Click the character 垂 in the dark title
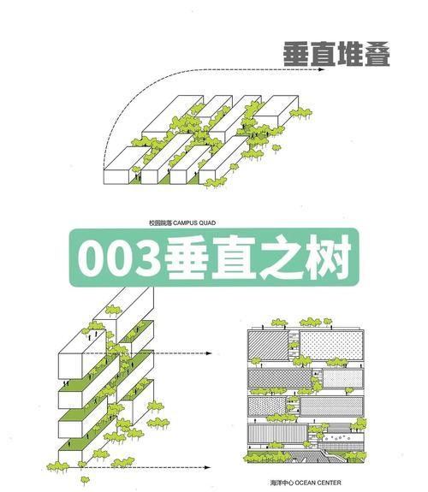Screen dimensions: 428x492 (297, 54)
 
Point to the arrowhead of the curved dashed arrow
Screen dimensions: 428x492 (320, 69)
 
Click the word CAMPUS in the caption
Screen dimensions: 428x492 (186, 223)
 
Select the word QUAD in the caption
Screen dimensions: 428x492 (207, 223)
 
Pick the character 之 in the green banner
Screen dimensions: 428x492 (281, 258)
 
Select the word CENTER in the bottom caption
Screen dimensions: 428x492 (329, 483)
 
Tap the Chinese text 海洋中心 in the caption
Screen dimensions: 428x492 (282, 483)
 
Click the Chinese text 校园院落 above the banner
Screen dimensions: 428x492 (160, 223)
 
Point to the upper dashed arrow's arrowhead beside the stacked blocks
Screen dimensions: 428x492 (209, 353)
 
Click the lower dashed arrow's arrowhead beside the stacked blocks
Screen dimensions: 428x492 (207, 467)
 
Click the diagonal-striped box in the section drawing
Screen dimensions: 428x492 (268, 345)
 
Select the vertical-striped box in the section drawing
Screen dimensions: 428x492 (277, 435)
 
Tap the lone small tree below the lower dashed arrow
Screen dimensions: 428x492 (85, 480)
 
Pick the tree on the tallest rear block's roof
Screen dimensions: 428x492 (113, 310)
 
